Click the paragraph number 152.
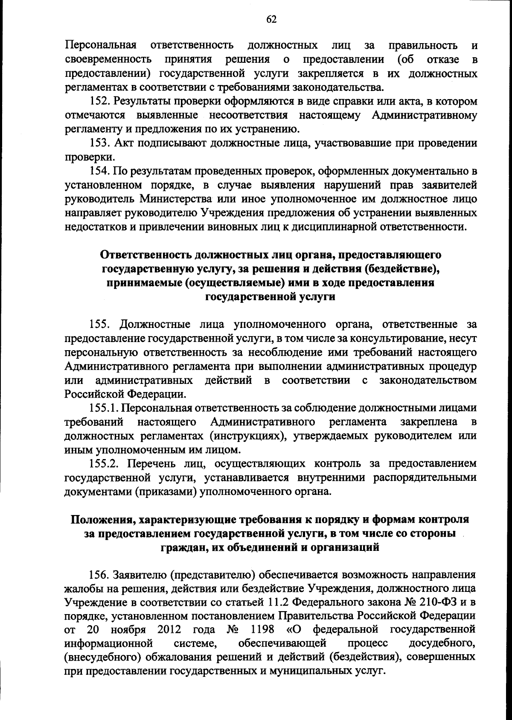(100, 102)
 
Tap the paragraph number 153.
(100, 143)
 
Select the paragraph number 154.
(100, 171)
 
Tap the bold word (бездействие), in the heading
(402, 269)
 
